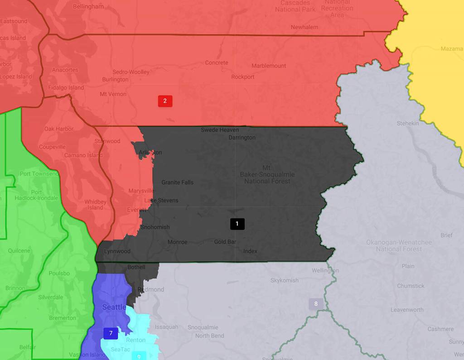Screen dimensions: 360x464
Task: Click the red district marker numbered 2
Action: [165, 101]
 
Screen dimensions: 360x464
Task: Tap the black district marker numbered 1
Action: [237, 223]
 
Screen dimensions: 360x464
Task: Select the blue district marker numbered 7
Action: [111, 333]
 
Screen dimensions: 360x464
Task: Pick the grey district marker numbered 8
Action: [316, 304]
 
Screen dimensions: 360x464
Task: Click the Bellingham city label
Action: [88, 7]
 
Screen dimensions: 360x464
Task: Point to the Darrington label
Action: [242, 138]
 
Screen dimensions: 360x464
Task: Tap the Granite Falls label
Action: [177, 182]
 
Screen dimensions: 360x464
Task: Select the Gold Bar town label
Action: [225, 242]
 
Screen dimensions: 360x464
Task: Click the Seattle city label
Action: [114, 307]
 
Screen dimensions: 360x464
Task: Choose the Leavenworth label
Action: [407, 310]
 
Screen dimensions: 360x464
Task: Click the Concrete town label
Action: [217, 62]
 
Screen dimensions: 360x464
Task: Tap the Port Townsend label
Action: [39, 174]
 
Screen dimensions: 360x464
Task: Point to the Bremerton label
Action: [63, 318]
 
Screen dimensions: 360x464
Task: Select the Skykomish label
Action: [285, 280]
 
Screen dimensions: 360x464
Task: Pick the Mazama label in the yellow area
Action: [451, 49]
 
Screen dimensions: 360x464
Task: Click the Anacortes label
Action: [65, 70]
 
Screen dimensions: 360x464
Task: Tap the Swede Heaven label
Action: [220, 130]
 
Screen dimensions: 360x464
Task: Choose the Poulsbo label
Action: [59, 274]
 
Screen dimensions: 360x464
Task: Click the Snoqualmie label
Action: [203, 327]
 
